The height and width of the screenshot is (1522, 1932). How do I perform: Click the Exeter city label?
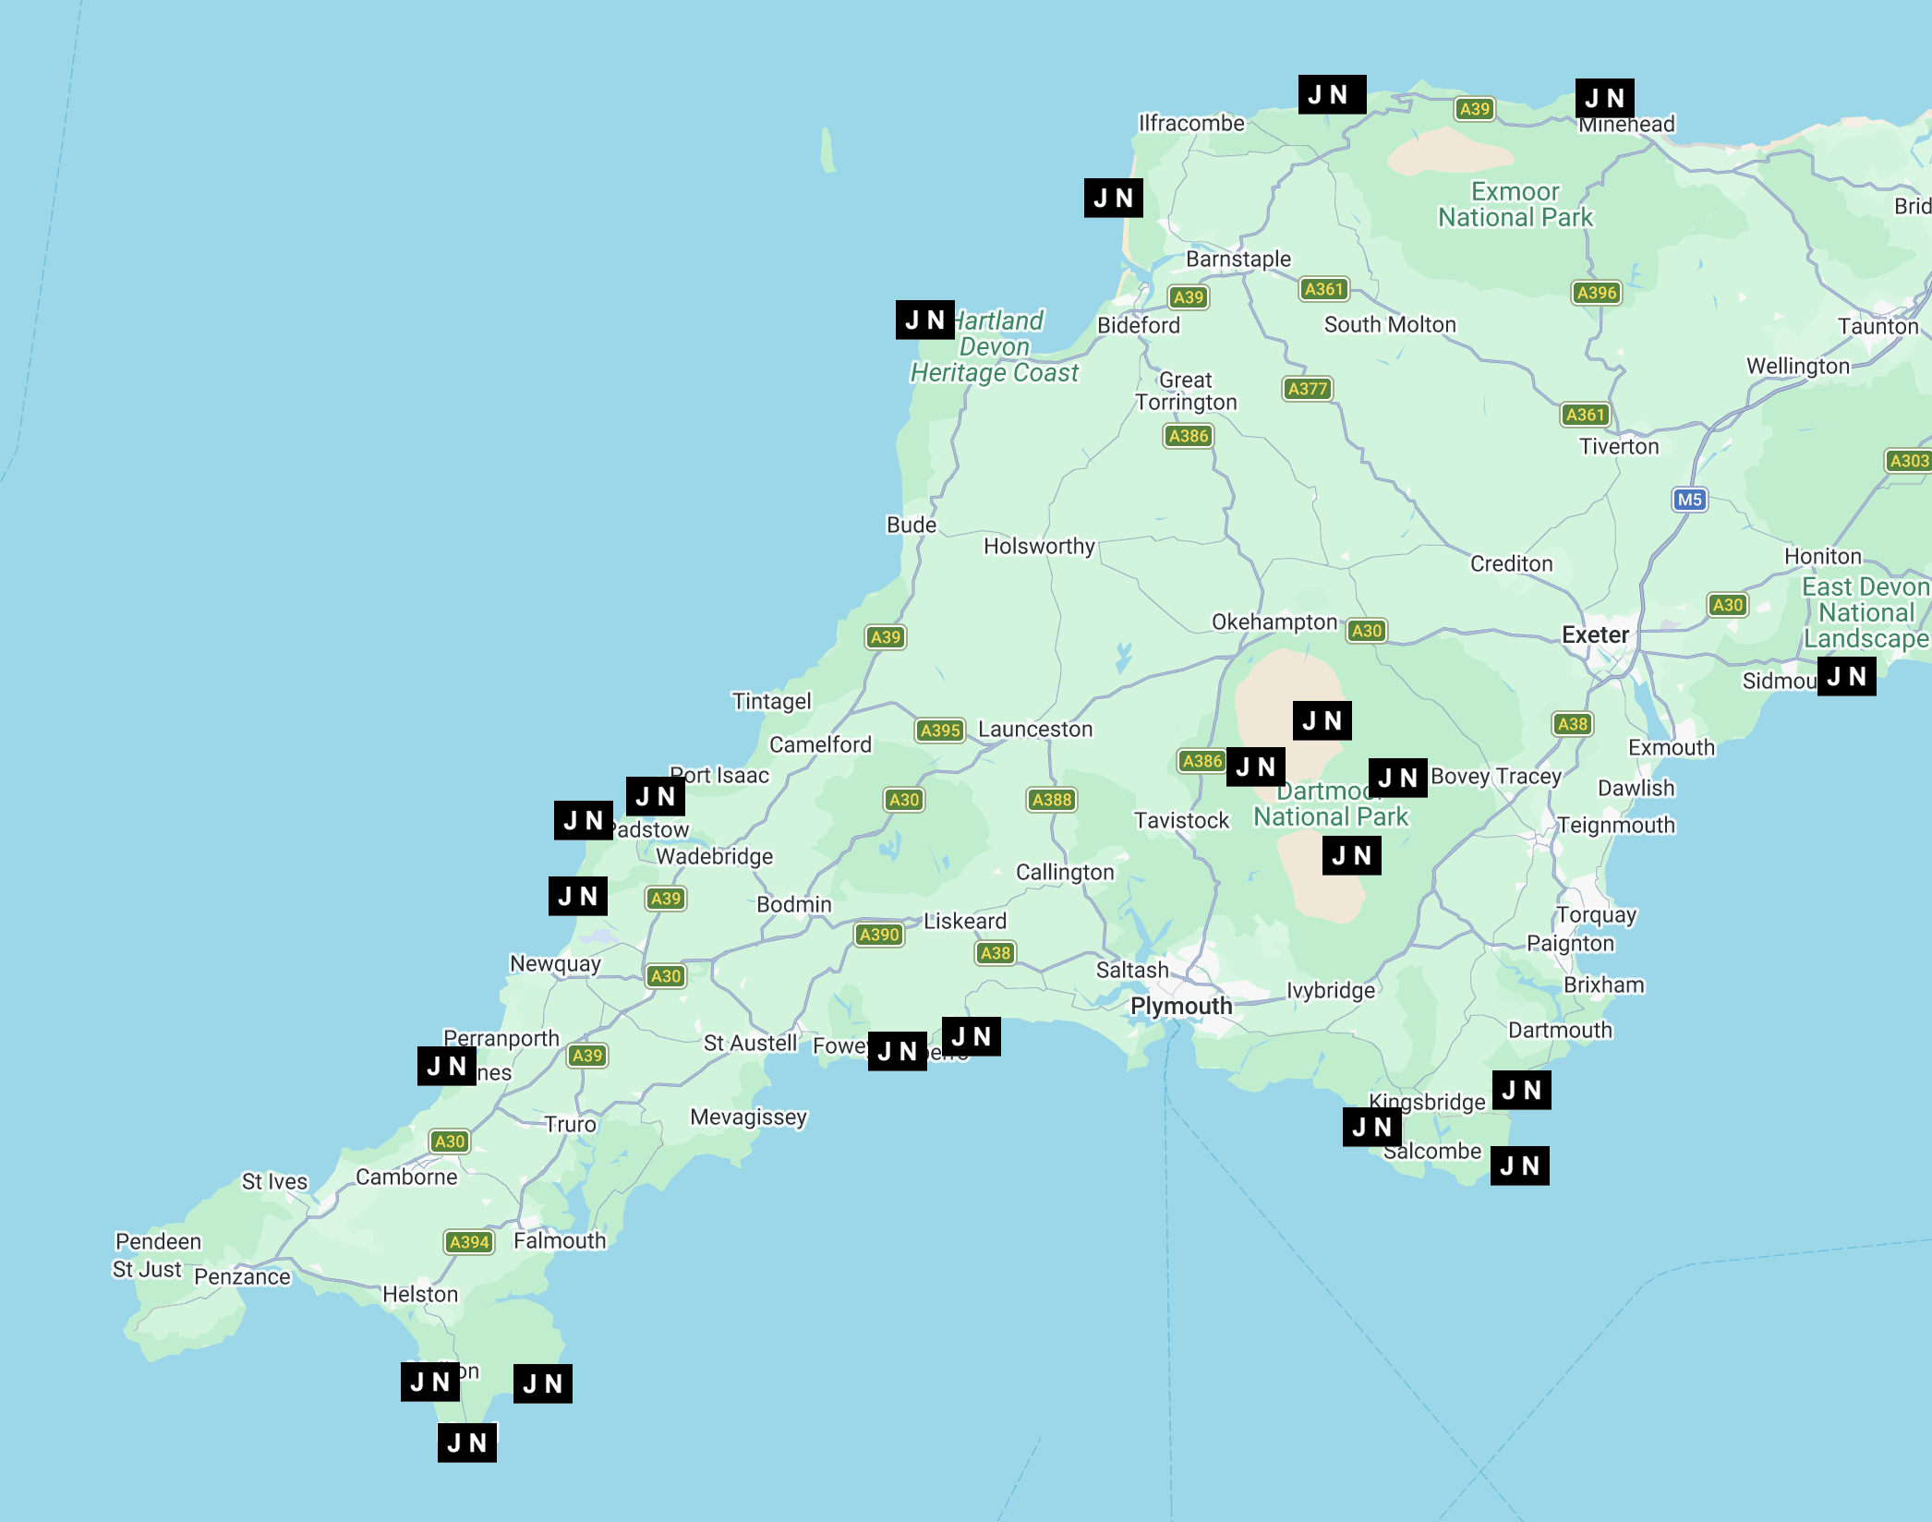pyautogui.click(x=1595, y=635)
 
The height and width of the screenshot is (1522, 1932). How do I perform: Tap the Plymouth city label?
pyautogui.click(x=1181, y=1006)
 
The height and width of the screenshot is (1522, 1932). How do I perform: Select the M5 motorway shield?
pyautogui.click(x=1689, y=500)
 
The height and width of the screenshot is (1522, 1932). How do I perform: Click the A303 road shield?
pyautogui.click(x=1908, y=461)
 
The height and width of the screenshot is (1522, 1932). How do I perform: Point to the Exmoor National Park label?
pyautogui.click(x=1515, y=205)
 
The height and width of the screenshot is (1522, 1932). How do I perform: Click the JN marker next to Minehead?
pyautogui.click(x=1604, y=98)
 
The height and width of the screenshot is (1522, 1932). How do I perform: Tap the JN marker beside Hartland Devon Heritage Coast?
pyautogui.click(x=924, y=320)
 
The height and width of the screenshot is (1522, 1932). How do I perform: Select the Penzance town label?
pyautogui.click(x=242, y=1276)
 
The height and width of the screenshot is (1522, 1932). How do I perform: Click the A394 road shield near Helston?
pyautogui.click(x=469, y=1242)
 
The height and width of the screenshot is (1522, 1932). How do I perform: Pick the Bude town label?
pyautogui.click(x=911, y=525)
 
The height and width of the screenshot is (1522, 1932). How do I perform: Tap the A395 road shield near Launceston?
pyautogui.click(x=940, y=731)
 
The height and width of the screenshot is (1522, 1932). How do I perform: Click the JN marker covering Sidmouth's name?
pyautogui.click(x=1846, y=676)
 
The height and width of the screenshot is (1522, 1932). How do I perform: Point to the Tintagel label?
pyautogui.click(x=771, y=701)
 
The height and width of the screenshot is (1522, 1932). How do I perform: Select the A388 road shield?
pyautogui.click(x=1052, y=800)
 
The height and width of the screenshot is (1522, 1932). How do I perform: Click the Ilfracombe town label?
pyautogui.click(x=1191, y=123)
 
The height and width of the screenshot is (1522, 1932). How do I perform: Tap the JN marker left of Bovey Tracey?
pyautogui.click(x=1397, y=778)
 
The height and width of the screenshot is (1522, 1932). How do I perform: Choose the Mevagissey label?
pyautogui.click(x=748, y=1117)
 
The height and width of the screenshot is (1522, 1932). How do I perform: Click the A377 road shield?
pyautogui.click(x=1308, y=389)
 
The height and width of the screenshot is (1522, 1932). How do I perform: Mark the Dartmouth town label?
pyautogui.click(x=1560, y=1030)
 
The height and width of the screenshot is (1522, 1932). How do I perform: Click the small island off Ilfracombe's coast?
pyautogui.click(x=827, y=151)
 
